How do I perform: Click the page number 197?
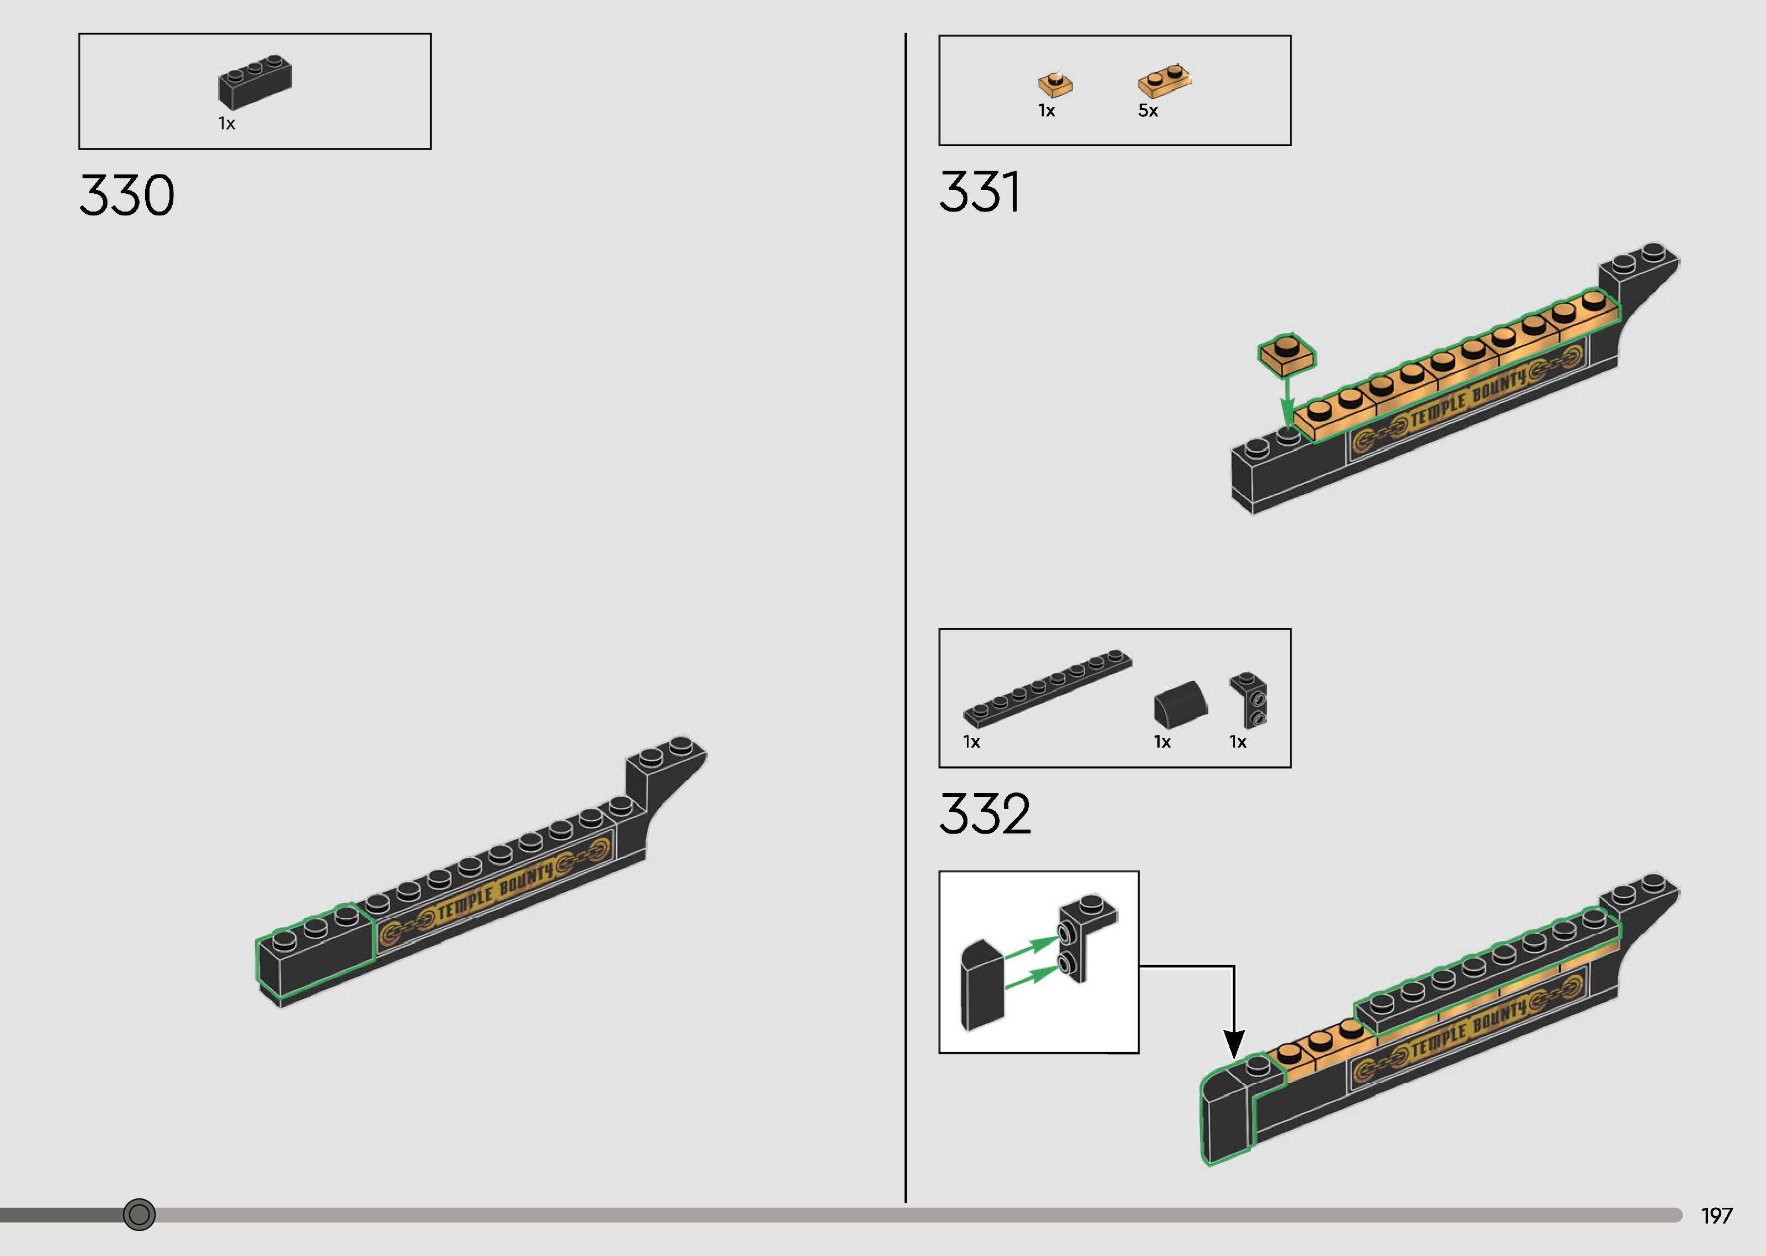1717,1216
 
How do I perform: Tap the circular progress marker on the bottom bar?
139,1214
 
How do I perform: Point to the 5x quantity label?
1147,111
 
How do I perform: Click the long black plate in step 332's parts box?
1048,688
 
